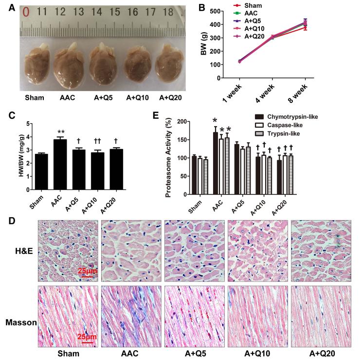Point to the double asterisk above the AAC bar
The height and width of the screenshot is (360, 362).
pos(60,132)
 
